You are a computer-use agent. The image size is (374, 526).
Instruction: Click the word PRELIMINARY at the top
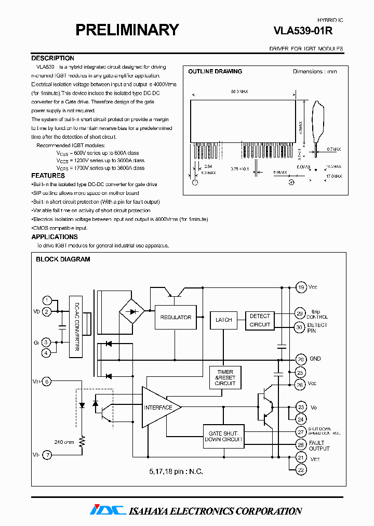click(x=127, y=30)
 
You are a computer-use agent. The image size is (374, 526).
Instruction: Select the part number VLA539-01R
click(x=303, y=31)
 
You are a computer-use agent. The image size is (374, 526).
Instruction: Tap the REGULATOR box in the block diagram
click(x=175, y=317)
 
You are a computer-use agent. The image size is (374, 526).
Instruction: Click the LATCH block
click(x=223, y=320)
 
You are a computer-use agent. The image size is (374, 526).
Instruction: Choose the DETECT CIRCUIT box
click(x=260, y=320)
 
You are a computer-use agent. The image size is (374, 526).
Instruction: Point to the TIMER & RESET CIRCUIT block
click(x=225, y=378)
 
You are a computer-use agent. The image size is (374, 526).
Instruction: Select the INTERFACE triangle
click(x=159, y=407)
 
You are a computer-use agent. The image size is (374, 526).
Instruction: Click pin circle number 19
click(x=300, y=287)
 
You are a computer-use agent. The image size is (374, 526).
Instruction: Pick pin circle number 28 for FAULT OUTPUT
click(x=300, y=444)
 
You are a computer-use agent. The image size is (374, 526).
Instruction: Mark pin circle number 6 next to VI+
click(x=47, y=382)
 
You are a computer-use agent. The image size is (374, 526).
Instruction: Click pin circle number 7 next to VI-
click(x=47, y=456)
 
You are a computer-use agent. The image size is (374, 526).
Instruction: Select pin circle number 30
click(x=300, y=327)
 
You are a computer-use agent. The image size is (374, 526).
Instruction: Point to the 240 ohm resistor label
click(x=64, y=442)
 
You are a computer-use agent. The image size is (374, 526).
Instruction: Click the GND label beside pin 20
click(x=315, y=359)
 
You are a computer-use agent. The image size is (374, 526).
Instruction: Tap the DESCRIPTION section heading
click(x=52, y=58)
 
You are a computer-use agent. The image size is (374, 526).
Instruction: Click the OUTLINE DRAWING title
click(x=215, y=72)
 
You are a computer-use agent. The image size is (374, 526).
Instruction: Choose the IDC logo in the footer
click(x=108, y=510)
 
